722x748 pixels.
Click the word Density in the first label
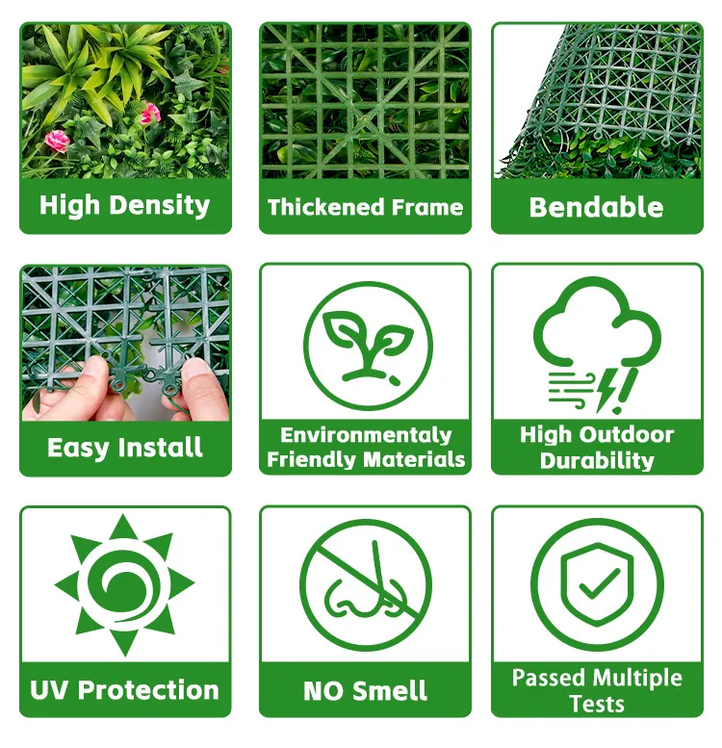point(160,206)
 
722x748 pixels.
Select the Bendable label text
point(596,208)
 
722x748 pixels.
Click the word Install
point(160,448)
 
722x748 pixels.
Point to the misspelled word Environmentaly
point(366,435)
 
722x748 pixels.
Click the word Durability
point(597,461)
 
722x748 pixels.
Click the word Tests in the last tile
point(597,704)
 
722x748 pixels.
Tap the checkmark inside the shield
point(599,584)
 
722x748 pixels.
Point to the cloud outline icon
point(597,324)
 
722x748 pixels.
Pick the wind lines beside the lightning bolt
point(571,390)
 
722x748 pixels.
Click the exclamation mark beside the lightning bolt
point(626,391)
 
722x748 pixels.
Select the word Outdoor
point(629,435)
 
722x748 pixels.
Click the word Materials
point(414,460)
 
